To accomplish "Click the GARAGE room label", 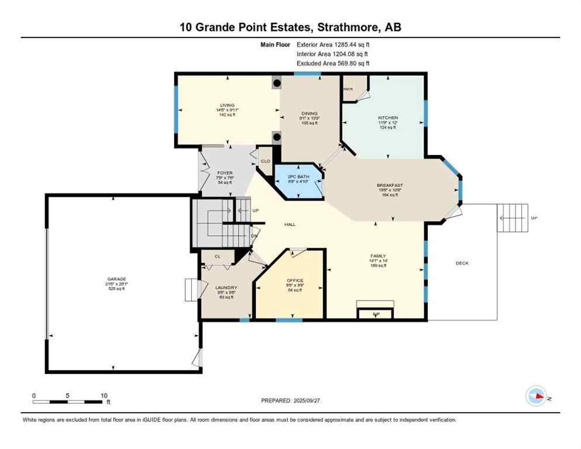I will pos(116,279).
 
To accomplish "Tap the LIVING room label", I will pos(227,105).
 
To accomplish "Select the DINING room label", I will pos(309,113).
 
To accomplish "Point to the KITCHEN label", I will pos(388,118).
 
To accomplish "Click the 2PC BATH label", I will pos(299,177).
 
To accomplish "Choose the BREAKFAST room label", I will pos(389,185).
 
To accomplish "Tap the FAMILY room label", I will pos(378,256).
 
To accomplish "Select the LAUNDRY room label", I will pos(226,288).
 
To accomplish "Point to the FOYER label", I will pos(224,173).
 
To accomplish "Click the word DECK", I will pos(462,263).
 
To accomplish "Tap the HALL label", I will pos(290,224).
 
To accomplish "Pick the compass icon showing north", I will pos(536,396).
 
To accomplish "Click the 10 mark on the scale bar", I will pos(103,395).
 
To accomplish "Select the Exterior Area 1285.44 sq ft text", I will pos(333,44).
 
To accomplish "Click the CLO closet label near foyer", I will pos(265,161).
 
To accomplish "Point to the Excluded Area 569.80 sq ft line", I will pos(333,64).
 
